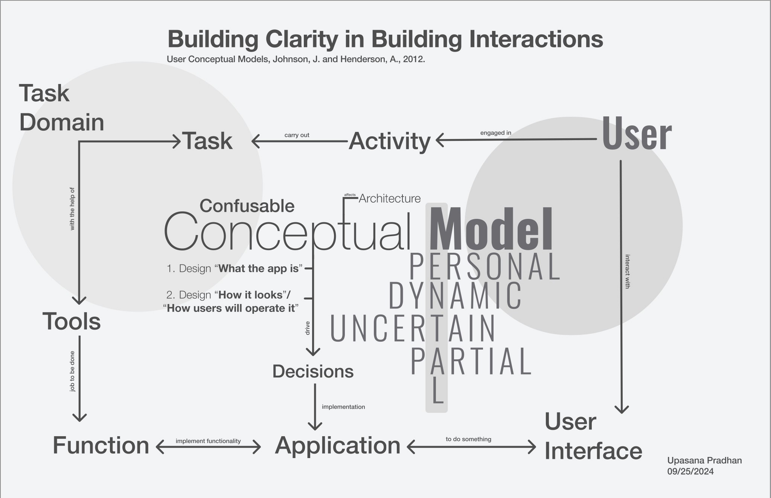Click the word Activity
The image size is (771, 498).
pyautogui.click(x=390, y=141)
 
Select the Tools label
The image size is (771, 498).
pyautogui.click(x=72, y=321)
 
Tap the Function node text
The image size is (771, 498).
pyautogui.click(x=101, y=445)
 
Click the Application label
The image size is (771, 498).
pyautogui.click(x=338, y=445)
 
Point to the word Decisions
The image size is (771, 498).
pyautogui.click(x=313, y=371)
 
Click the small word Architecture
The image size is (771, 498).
pyautogui.click(x=390, y=199)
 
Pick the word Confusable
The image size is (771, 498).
pyautogui.click(x=247, y=206)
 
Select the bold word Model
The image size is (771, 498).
pyautogui.click(x=491, y=230)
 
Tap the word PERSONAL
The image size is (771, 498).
pyautogui.click(x=485, y=267)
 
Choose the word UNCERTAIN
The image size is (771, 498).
pyautogui.click(x=413, y=328)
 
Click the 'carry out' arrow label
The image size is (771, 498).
pyautogui.click(x=297, y=135)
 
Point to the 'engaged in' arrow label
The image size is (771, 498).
pyautogui.click(x=495, y=133)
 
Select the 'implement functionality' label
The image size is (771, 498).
pyautogui.click(x=208, y=441)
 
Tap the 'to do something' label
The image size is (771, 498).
pyautogui.click(x=468, y=439)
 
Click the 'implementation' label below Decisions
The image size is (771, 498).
pyautogui.click(x=343, y=407)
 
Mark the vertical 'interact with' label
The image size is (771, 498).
pyautogui.click(x=628, y=272)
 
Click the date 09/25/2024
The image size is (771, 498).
pyautogui.click(x=690, y=472)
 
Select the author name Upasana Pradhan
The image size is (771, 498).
pyautogui.click(x=704, y=461)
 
